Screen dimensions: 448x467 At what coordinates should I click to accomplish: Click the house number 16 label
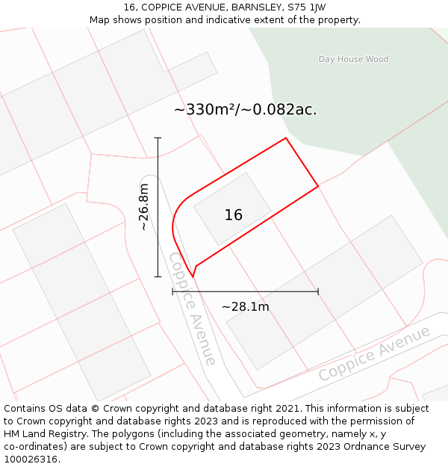(x=233, y=215)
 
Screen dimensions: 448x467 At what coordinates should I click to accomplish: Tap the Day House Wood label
(x=353, y=59)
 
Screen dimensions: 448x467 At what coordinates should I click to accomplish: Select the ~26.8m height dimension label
(x=143, y=207)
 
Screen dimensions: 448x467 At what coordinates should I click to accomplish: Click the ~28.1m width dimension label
(x=245, y=306)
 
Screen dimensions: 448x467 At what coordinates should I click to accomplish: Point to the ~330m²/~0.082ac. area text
(x=245, y=110)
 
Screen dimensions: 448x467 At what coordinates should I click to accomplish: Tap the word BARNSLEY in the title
(x=256, y=7)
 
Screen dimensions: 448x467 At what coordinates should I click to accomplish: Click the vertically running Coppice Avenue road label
(x=192, y=309)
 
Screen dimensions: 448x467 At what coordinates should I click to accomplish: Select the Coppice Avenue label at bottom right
(x=375, y=353)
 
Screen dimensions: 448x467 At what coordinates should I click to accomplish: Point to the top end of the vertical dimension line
(x=158, y=137)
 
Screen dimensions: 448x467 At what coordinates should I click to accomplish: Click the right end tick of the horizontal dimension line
(x=318, y=291)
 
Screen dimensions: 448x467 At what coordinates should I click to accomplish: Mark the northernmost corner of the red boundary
(x=285, y=137)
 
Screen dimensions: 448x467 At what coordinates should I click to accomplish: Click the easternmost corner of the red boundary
(x=318, y=185)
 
